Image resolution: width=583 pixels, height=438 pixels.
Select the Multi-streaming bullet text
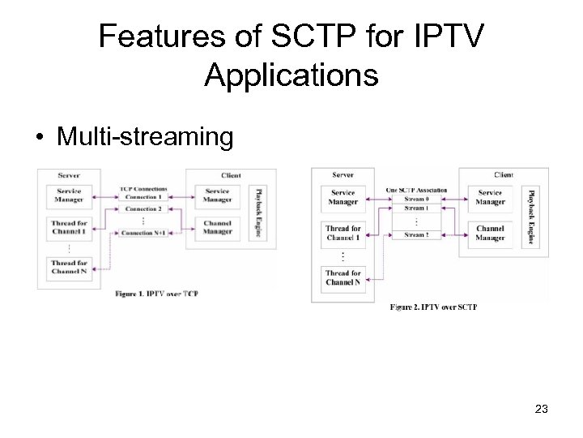[x=143, y=136]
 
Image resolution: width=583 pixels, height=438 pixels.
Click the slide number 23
[x=541, y=410]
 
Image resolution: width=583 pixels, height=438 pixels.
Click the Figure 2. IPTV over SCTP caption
[x=433, y=307]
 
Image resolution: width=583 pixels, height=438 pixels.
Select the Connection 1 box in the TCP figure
[x=143, y=197]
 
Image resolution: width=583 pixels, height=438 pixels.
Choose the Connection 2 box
[x=143, y=209]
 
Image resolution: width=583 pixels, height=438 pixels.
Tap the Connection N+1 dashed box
[x=143, y=234]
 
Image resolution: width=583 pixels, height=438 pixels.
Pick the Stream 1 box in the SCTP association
[x=415, y=208]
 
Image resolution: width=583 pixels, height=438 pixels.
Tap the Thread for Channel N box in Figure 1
[x=69, y=267]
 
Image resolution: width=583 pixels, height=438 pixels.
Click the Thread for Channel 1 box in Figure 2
[x=343, y=234]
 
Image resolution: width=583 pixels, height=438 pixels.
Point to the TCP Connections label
[x=143, y=188]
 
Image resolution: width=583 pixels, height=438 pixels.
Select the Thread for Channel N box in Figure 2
[x=343, y=277]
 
